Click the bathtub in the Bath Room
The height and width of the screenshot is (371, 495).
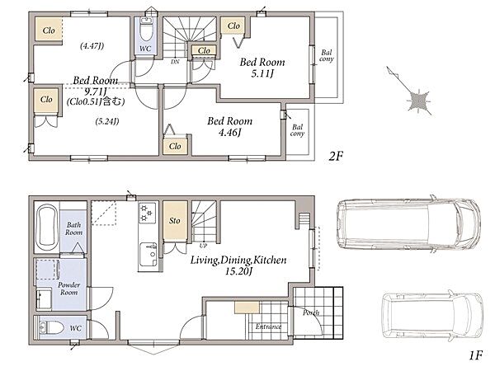coord(47,228)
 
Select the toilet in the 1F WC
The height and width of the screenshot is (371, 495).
coord(52,328)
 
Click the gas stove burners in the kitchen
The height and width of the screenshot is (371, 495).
coord(147,213)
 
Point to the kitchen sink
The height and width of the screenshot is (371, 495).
coord(148,254)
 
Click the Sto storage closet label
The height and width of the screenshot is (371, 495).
coord(175,220)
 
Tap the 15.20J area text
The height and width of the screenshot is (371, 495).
coord(238,271)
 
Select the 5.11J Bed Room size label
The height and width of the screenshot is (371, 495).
coord(262,73)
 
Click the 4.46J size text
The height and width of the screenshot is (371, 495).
coord(230,133)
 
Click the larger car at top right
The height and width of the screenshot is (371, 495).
coord(409,223)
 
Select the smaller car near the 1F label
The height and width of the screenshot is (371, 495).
coord(432,316)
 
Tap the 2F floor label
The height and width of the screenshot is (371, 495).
coord(335,156)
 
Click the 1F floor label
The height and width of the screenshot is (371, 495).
coord(475,356)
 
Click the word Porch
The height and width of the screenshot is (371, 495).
coord(311,312)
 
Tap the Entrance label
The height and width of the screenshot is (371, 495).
coord(268,326)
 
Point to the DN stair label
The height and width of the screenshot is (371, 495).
coord(175,62)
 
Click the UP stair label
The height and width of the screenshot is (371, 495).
coord(203,246)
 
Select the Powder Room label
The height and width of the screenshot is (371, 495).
coord(68,289)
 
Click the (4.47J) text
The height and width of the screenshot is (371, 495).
coord(92,46)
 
